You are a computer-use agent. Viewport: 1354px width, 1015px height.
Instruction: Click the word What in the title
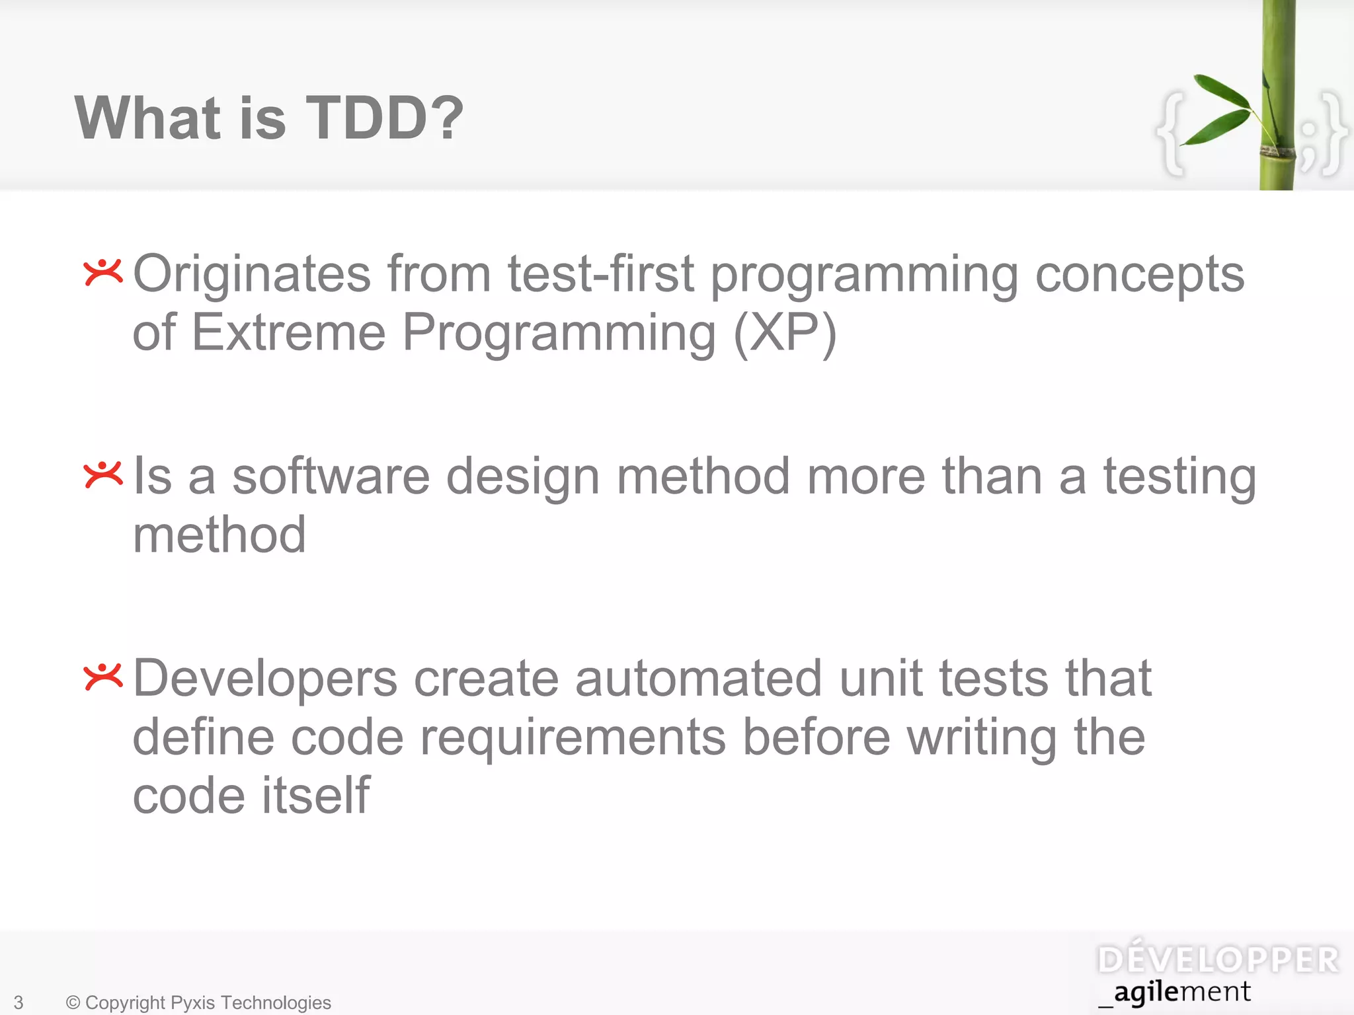click(147, 118)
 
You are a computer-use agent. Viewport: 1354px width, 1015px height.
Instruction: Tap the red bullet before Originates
click(103, 272)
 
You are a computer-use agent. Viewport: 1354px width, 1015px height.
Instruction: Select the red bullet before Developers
click(103, 677)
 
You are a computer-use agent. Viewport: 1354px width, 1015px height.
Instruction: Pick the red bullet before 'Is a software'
click(103, 474)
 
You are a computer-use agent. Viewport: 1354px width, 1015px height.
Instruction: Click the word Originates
click(252, 274)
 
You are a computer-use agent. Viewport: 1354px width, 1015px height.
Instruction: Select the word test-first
click(601, 274)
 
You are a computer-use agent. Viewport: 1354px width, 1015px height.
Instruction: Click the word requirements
click(573, 737)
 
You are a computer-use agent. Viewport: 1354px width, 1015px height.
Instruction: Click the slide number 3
click(19, 1002)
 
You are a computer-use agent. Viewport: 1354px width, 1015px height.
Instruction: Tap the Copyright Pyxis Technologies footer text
click(198, 1002)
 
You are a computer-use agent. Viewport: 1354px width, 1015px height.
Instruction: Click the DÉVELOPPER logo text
click(1218, 959)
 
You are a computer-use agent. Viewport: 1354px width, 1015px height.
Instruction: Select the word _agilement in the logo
click(1175, 993)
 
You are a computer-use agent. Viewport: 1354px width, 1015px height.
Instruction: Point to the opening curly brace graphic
click(1172, 132)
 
